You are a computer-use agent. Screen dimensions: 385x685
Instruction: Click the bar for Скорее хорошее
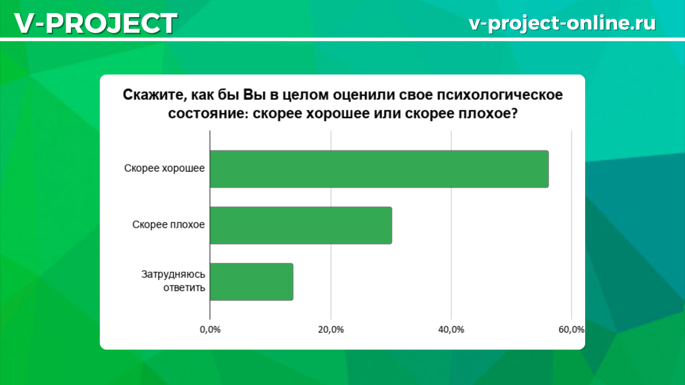tap(379, 169)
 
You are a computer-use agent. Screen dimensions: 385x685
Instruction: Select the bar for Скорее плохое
tap(301, 225)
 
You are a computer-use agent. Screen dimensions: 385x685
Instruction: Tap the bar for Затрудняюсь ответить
tap(252, 282)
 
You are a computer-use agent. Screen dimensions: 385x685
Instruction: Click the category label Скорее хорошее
tap(165, 168)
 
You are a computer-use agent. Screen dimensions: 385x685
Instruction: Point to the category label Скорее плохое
tap(168, 225)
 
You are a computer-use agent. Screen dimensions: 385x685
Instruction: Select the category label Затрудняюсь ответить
tap(172, 281)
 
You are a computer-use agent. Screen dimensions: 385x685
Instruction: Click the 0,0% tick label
tap(210, 329)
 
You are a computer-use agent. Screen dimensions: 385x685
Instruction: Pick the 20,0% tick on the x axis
tap(331, 329)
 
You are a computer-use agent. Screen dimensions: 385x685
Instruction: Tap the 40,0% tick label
tap(452, 329)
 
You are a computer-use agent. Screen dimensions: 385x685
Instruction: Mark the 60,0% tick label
tap(571, 329)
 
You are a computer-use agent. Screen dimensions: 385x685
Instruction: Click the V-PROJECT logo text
tap(95, 23)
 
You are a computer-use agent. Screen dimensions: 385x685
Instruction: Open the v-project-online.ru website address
tap(562, 23)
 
